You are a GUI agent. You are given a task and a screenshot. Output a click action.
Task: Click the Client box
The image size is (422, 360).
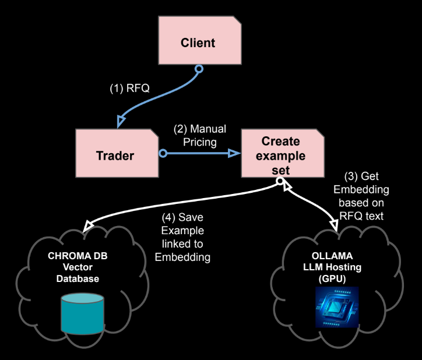coord(198,43)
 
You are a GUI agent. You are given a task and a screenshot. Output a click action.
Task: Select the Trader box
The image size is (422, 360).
coord(115,155)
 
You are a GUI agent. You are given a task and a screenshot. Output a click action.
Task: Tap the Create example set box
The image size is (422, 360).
coord(280,156)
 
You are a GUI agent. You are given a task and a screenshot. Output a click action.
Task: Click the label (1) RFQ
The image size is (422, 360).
coord(130,88)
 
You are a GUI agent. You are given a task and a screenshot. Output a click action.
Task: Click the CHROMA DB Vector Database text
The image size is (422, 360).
coord(78,267)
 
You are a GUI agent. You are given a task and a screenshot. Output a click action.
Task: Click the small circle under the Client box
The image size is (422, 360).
coord(198,69)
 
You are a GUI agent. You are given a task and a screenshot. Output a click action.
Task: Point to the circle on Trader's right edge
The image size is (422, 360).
coord(163,153)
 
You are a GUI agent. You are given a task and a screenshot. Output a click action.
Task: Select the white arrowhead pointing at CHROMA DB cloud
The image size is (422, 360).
coord(89,225)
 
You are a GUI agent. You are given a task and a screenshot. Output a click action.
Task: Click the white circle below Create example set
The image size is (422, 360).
coord(280,181)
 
